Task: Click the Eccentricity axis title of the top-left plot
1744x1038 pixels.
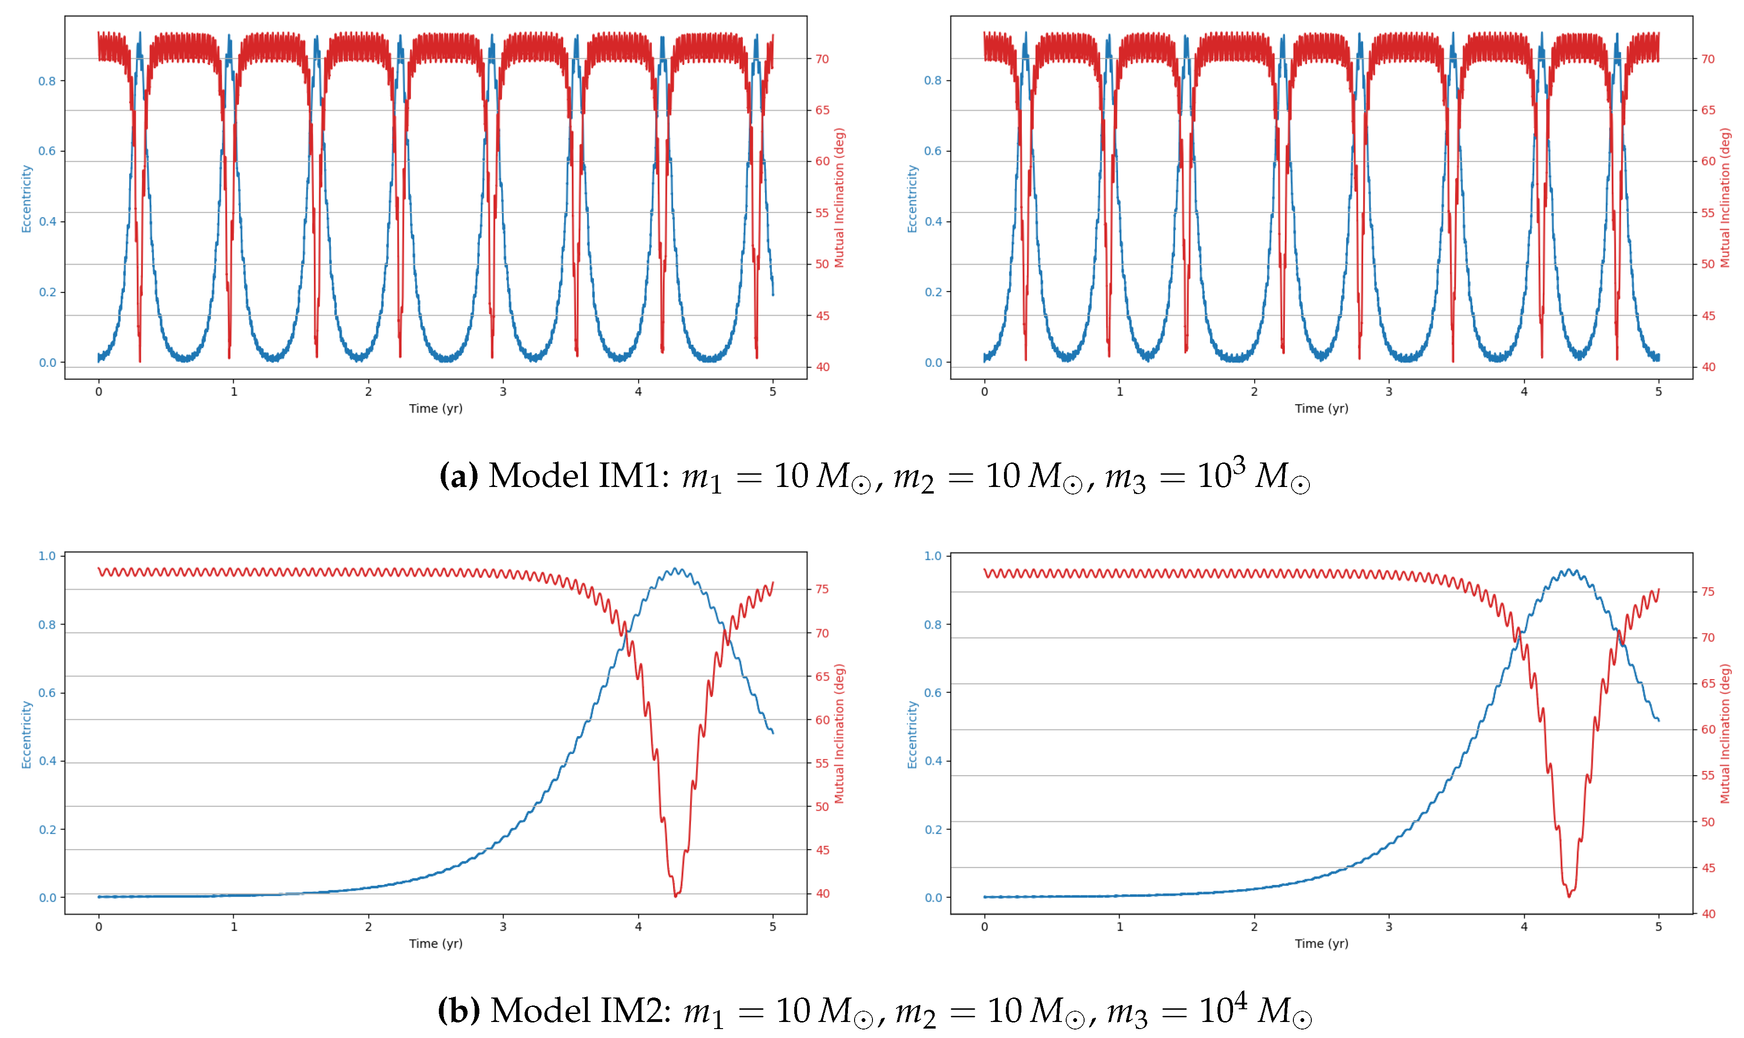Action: point(26,199)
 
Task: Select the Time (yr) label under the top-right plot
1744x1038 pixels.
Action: point(1321,408)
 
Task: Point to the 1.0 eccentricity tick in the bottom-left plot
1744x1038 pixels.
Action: point(47,556)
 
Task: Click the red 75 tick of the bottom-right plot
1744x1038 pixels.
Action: point(1708,592)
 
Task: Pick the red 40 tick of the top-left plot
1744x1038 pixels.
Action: point(823,367)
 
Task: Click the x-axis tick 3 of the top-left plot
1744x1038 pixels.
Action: point(502,392)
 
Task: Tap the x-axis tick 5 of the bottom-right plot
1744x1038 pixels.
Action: point(1658,927)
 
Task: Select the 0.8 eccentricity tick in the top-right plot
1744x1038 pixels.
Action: point(932,81)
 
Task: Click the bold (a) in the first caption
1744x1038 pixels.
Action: point(459,476)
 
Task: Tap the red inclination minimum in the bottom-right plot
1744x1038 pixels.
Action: point(1569,896)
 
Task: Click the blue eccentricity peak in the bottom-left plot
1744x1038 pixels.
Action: point(675,568)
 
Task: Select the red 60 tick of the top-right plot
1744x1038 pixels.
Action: point(1708,162)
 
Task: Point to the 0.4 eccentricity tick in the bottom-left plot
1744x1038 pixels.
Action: point(47,761)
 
